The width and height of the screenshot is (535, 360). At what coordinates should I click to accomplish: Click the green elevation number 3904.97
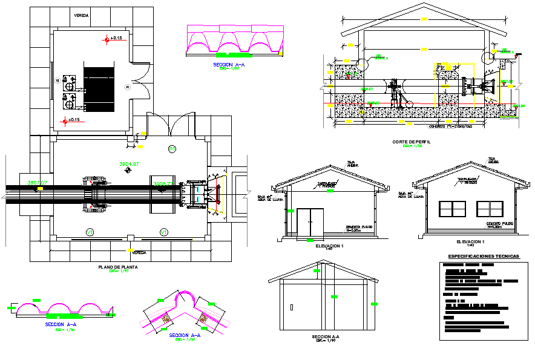pos(129,164)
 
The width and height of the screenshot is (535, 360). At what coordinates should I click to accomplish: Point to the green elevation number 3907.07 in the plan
pos(37,182)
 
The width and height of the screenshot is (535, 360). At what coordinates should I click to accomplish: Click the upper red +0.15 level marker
pos(108,39)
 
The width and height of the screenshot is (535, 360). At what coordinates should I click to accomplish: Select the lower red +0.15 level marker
pos(65,120)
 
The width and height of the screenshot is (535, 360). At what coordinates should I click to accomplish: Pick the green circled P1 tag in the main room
pos(171,148)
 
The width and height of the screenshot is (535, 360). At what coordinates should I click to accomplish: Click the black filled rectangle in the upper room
pos(98,88)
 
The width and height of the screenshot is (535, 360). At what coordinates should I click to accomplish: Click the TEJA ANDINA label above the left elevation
pos(352,163)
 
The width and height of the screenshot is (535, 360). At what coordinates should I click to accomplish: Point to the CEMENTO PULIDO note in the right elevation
pos(501,224)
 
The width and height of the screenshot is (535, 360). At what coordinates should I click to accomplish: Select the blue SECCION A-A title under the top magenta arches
pos(229,64)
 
